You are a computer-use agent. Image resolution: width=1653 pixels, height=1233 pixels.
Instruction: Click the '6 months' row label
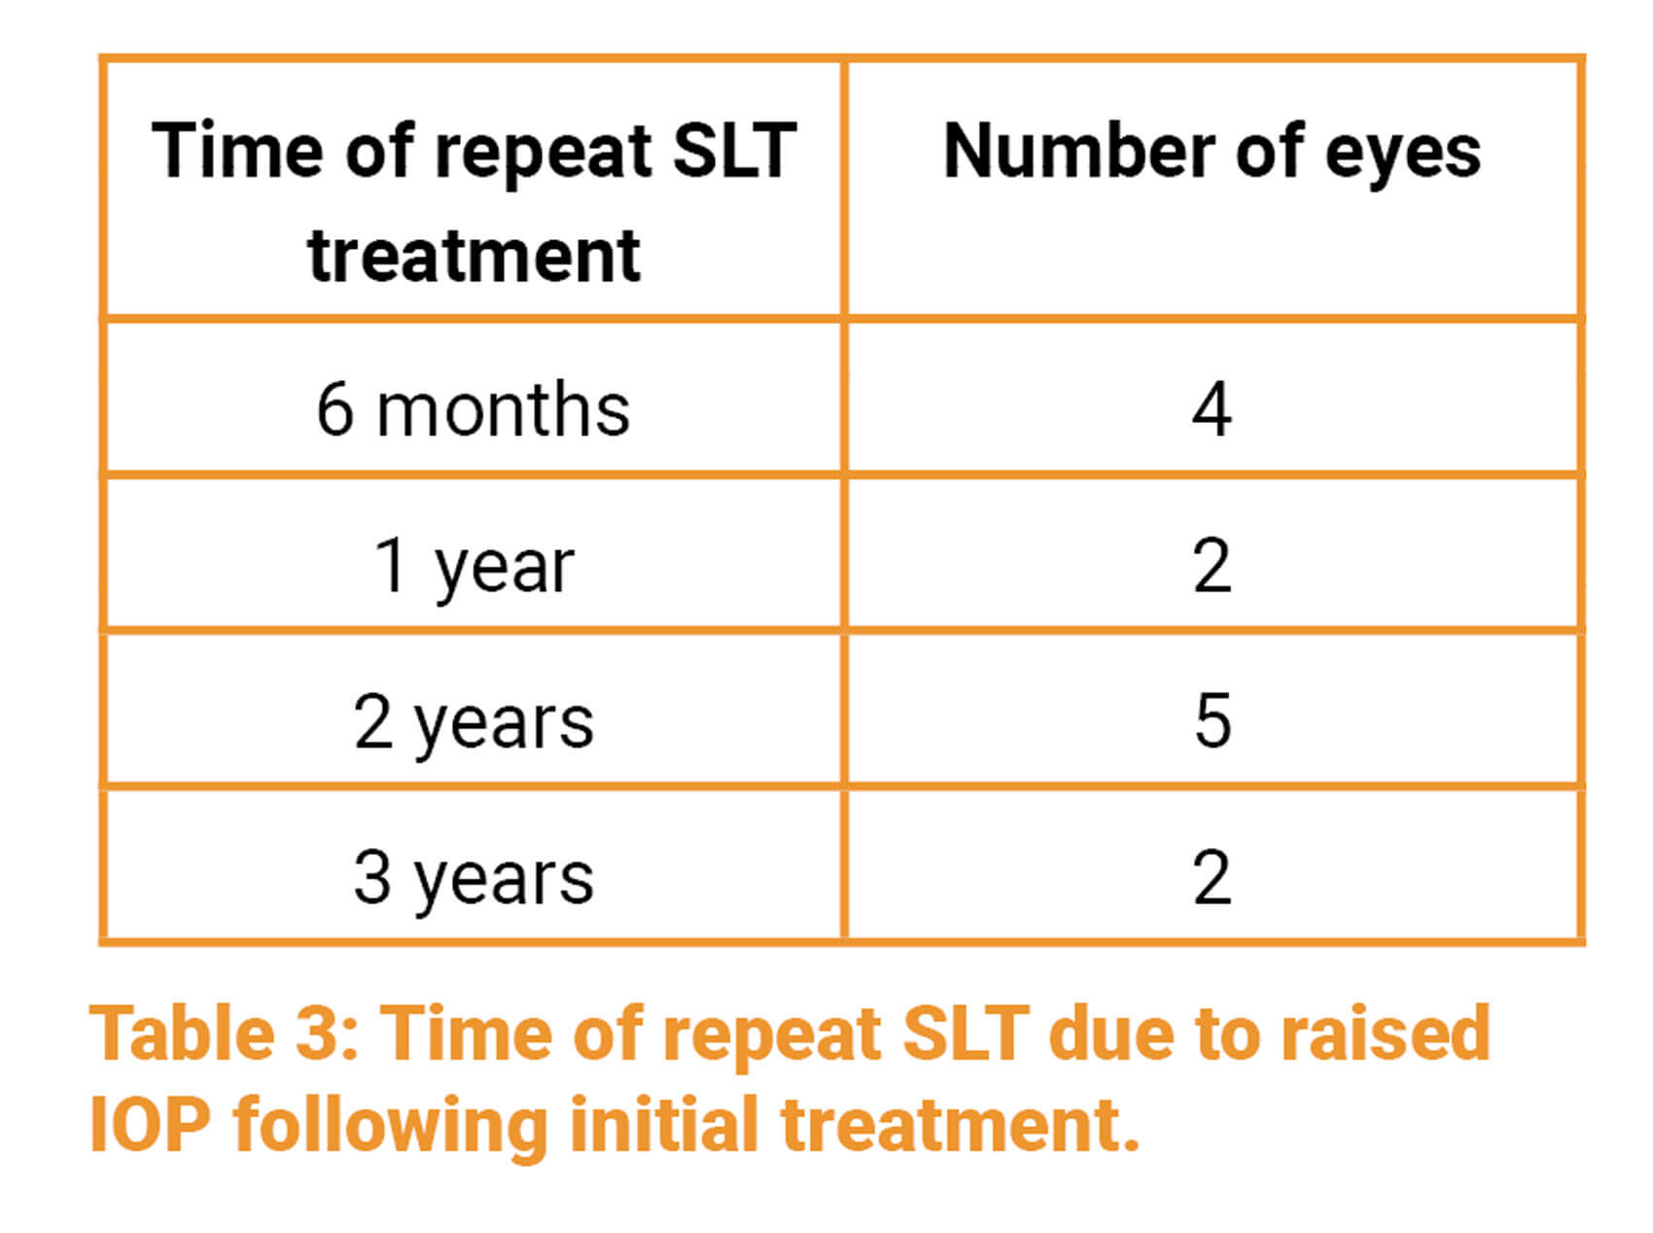pos(474,409)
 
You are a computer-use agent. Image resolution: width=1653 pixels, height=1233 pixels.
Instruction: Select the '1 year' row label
pos(474,567)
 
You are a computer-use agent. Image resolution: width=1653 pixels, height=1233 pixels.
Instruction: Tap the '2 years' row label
pos(474,723)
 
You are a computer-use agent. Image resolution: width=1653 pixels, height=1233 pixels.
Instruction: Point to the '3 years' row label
pos(474,879)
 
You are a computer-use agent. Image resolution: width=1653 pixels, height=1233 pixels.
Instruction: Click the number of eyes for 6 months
pos(1213,409)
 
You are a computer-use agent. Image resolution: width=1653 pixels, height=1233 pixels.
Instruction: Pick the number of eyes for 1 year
pos(1213,566)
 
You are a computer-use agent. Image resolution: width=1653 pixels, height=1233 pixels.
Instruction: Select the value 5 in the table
pos(1213,722)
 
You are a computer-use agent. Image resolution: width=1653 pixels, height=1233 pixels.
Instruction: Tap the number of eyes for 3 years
pos(1213,878)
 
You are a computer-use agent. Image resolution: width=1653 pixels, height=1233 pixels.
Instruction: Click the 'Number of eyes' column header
pos(1213,154)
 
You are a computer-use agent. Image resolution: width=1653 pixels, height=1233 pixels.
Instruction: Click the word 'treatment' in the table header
pos(474,257)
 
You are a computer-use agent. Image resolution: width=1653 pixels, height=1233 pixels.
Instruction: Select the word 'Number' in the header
pos(1079,152)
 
